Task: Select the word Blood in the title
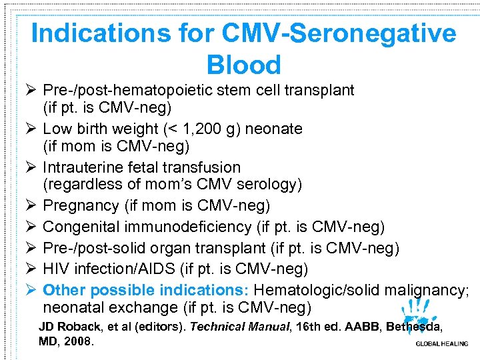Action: coord(244,65)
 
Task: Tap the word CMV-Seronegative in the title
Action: coord(344,34)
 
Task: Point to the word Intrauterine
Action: coord(83,167)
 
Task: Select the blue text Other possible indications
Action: coord(146,290)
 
